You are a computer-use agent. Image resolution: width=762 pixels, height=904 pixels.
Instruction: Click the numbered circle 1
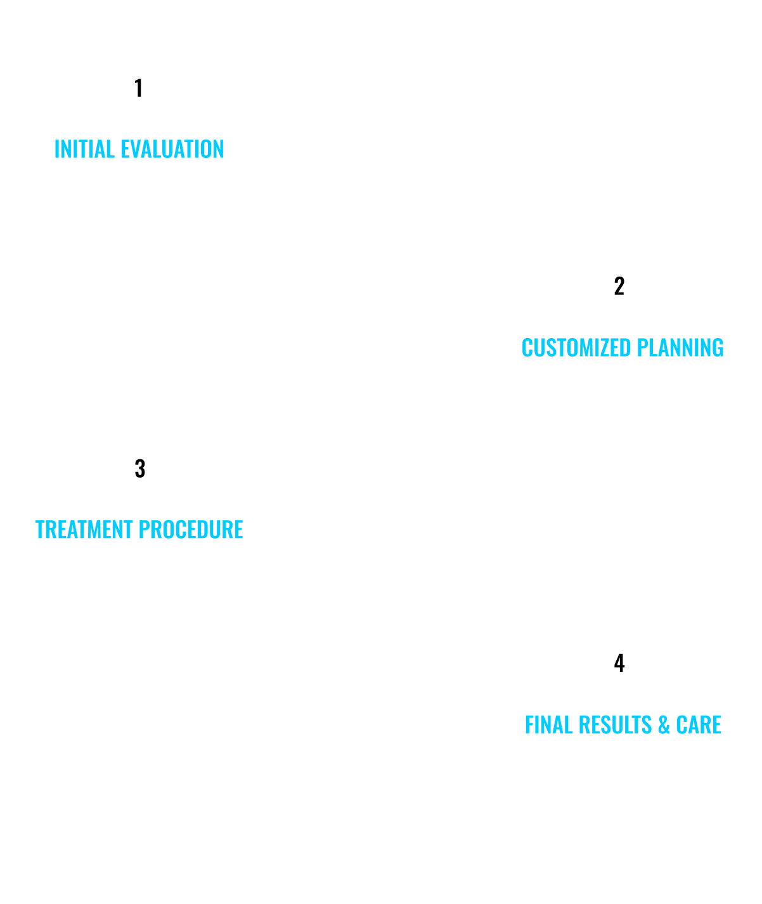point(139,88)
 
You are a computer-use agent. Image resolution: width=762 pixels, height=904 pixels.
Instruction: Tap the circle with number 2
point(619,285)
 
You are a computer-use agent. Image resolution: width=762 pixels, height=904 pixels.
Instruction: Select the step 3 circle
point(139,468)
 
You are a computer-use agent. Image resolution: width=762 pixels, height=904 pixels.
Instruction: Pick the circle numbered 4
point(619,662)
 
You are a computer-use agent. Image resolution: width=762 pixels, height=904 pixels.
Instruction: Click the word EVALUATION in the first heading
point(172,149)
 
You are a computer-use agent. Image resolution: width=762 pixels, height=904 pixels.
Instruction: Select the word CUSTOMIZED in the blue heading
point(576,348)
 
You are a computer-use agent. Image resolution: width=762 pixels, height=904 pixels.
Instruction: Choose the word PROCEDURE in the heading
point(191,530)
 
